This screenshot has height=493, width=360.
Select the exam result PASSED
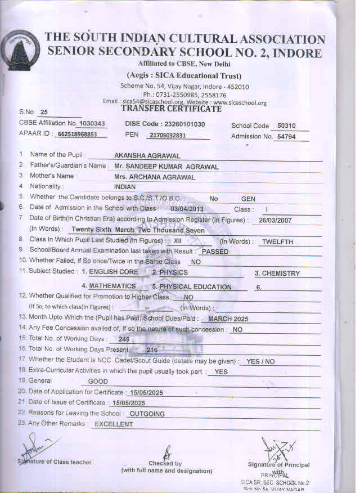click(215, 252)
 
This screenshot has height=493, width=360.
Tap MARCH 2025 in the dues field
click(228, 319)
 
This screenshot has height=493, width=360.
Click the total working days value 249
click(124, 339)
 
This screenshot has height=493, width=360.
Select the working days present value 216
click(152, 350)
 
